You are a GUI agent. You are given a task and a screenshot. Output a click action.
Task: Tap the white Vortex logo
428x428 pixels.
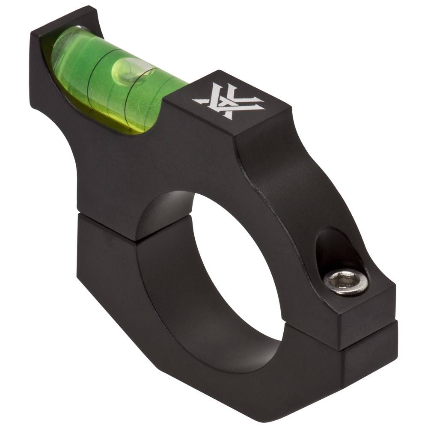coord(228,101)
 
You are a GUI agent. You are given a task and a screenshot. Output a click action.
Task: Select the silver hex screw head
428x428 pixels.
coord(345,282)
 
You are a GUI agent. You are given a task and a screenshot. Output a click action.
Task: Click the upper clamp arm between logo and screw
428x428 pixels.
coord(282,180)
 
